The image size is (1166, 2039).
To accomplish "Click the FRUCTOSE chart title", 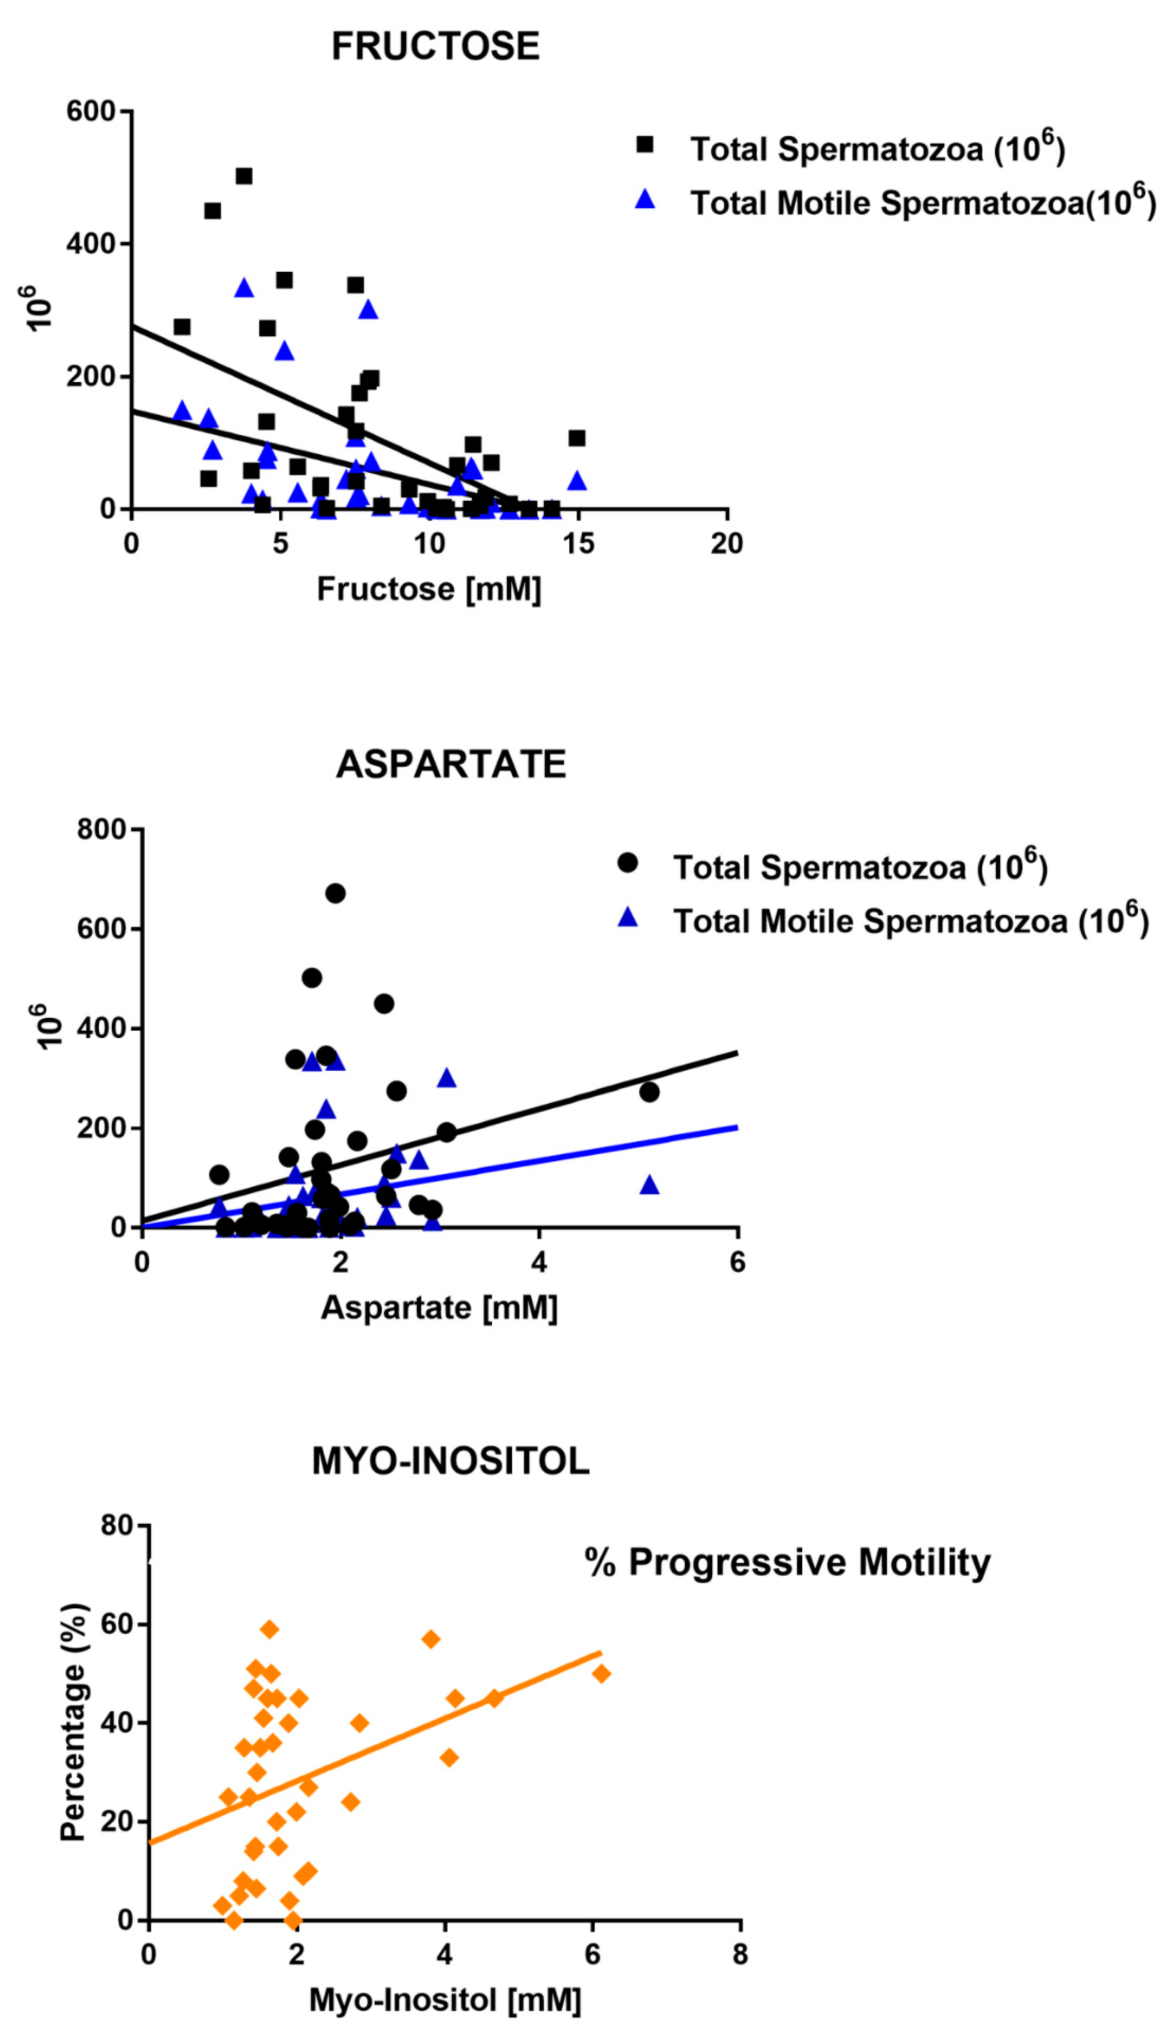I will [x=436, y=46].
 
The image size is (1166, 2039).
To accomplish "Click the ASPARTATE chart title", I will [x=451, y=764].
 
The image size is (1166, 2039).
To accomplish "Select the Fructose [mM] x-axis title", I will [x=429, y=589].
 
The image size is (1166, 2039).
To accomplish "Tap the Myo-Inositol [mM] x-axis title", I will [x=445, y=2000].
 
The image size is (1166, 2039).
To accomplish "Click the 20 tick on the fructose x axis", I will [x=726, y=544].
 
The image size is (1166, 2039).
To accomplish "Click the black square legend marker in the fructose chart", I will [x=645, y=145].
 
